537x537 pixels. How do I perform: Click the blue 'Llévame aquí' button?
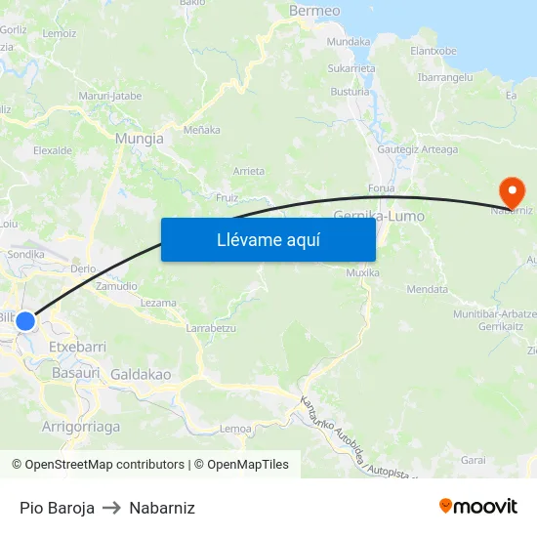(x=268, y=239)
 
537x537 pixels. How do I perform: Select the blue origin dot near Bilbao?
(x=25, y=321)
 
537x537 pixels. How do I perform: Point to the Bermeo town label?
(x=314, y=11)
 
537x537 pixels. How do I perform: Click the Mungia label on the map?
(x=140, y=139)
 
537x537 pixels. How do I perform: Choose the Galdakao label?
(x=141, y=374)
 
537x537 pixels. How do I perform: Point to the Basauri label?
(x=76, y=373)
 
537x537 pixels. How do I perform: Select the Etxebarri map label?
(x=77, y=347)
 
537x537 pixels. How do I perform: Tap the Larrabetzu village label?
(x=211, y=329)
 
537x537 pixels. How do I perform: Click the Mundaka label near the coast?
(x=349, y=42)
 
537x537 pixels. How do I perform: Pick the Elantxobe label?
(x=434, y=51)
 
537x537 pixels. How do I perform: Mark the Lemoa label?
(x=236, y=429)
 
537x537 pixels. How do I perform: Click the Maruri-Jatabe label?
(x=110, y=96)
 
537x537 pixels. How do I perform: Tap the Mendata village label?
(x=428, y=289)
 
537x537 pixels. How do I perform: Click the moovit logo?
(x=478, y=507)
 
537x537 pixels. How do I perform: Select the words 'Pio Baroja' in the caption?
(x=57, y=508)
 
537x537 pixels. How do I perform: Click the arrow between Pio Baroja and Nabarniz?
(x=111, y=508)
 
